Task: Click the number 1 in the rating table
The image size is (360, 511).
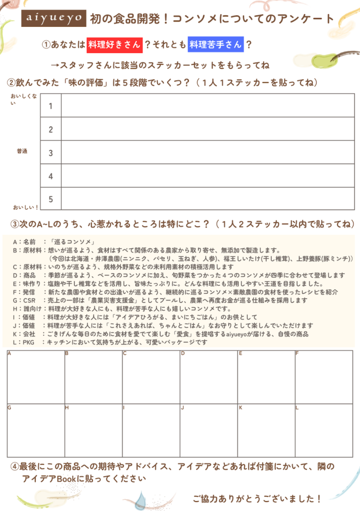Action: click(x=50, y=106)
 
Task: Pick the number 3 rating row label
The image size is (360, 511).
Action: click(x=50, y=153)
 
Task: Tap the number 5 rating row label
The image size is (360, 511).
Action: click(x=50, y=199)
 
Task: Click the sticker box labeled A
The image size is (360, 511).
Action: click(x=36, y=377)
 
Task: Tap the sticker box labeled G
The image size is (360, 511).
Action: click(x=36, y=430)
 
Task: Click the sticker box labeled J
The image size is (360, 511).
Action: click(x=209, y=430)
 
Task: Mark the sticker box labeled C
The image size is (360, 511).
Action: click(x=151, y=377)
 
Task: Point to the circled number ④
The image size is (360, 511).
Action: click(x=15, y=467)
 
